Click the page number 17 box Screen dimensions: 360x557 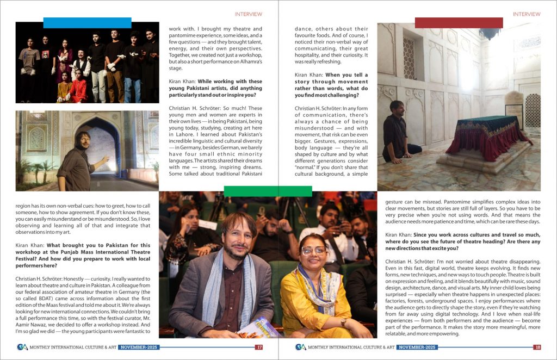pyautogui.click(x=259, y=347)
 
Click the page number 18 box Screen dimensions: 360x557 pyautogui.click(x=537, y=347)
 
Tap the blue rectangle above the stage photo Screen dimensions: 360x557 pyautogui.click(x=87, y=23)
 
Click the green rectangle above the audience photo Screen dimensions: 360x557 pyautogui.click(x=268, y=191)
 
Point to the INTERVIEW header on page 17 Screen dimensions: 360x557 pyautogui.click(x=248, y=14)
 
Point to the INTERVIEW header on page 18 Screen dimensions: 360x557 pyautogui.click(x=526, y=14)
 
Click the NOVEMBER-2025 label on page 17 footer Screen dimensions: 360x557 pyautogui.click(x=139, y=347)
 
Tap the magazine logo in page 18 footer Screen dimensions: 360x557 pyautogui.click(x=300, y=347)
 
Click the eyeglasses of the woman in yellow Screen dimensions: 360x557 pyautogui.click(x=313, y=251)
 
